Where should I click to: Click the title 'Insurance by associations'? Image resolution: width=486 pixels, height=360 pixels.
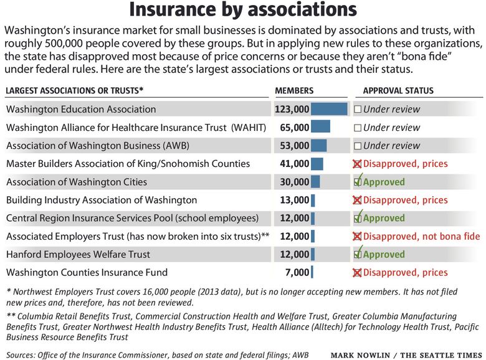click(x=243, y=9)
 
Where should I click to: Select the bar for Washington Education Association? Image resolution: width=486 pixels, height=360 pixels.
click(x=329, y=109)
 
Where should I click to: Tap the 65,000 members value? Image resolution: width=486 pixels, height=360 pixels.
click(x=295, y=127)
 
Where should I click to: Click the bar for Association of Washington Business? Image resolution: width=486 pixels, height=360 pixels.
click(x=318, y=146)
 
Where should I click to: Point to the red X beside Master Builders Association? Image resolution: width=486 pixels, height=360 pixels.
click(x=357, y=164)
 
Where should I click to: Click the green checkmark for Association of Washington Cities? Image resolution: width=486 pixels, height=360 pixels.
click(x=358, y=181)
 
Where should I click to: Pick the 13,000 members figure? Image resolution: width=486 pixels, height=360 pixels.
click(x=295, y=200)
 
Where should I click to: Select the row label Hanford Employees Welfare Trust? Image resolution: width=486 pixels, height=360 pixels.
click(x=78, y=254)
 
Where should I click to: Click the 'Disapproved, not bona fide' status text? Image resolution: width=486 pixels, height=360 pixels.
click(x=422, y=237)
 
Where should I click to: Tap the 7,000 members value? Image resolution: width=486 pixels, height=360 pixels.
click(x=297, y=273)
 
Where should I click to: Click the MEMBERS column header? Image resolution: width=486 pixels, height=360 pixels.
click(x=294, y=90)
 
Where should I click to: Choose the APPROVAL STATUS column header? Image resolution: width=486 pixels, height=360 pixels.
click(x=398, y=90)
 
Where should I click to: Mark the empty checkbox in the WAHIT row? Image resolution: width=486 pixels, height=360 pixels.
click(x=358, y=128)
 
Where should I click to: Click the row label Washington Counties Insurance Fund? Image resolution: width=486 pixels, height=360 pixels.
click(x=87, y=272)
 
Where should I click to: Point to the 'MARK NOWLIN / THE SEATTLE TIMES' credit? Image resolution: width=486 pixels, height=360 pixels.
click(x=406, y=355)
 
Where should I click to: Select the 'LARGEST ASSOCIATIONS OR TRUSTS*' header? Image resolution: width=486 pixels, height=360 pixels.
click(x=75, y=90)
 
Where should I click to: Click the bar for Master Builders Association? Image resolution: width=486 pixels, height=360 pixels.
click(x=317, y=164)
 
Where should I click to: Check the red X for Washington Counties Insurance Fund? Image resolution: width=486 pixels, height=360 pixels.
click(x=357, y=273)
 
